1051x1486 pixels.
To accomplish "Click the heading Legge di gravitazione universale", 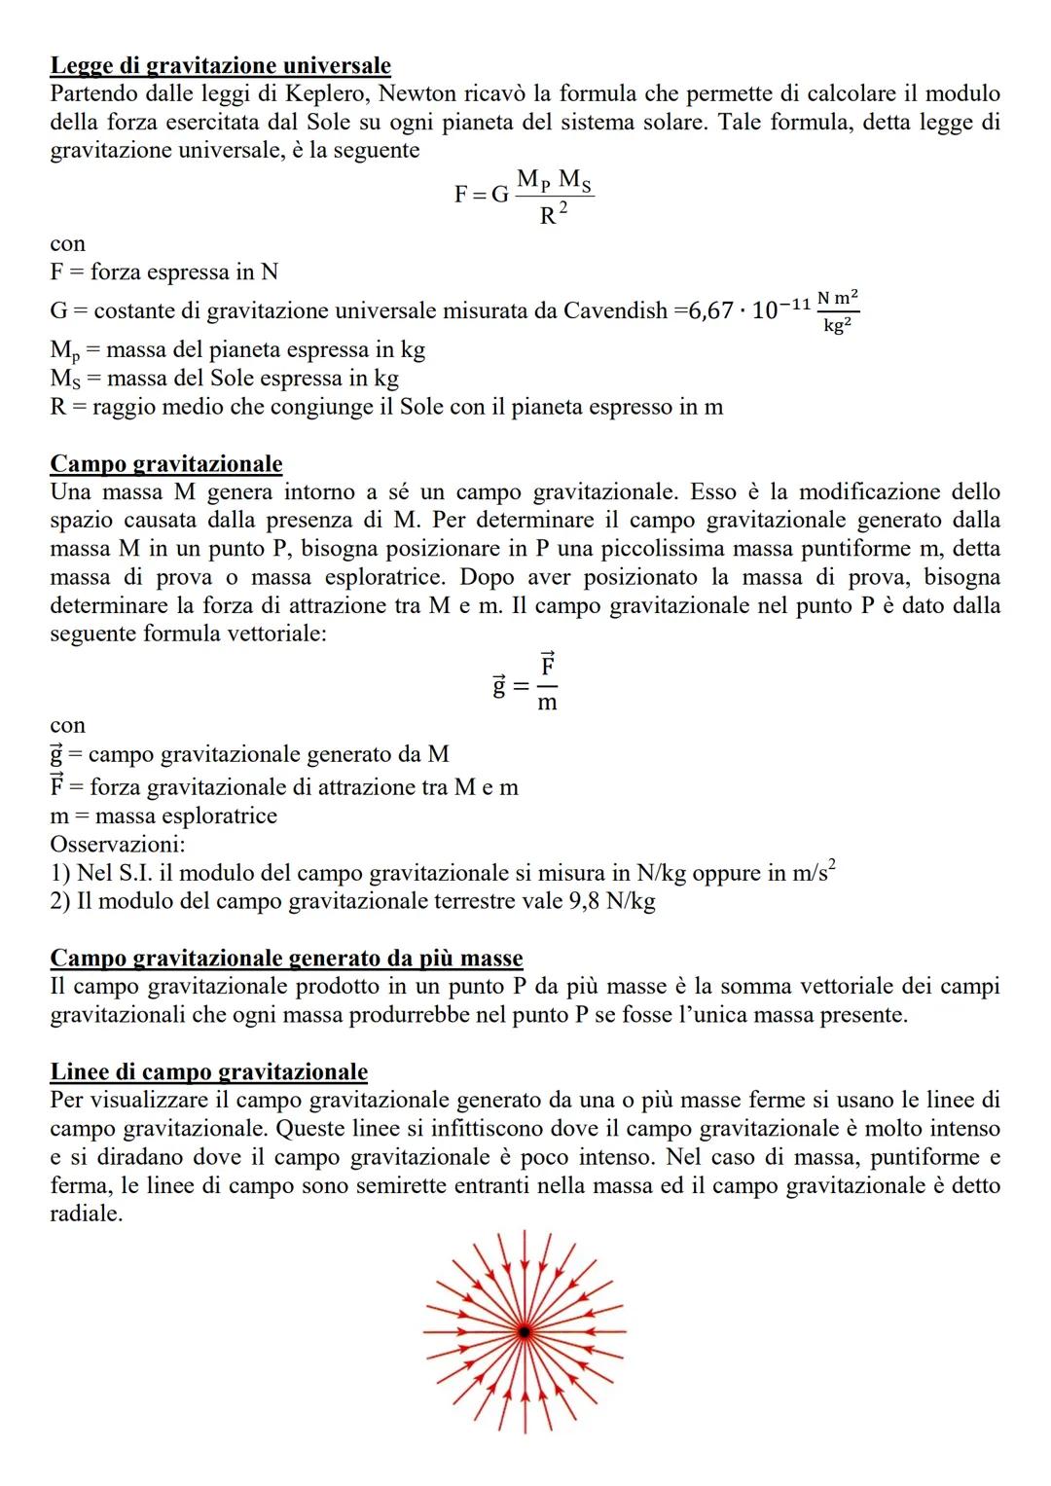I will tap(220, 66).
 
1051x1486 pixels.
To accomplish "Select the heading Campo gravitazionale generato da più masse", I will tap(286, 959).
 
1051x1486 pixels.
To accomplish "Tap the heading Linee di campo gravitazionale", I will tap(208, 1072).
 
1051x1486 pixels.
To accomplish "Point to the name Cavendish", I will tap(616, 311).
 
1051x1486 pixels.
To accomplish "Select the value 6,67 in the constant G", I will tap(712, 311).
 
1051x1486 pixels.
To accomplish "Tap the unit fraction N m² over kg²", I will tap(838, 311).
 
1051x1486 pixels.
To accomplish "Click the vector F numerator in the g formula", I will tap(548, 668).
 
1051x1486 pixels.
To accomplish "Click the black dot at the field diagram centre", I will tap(525, 1330).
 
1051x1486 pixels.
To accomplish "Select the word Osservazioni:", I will tap(118, 845).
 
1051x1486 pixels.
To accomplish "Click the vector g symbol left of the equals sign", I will tap(498, 687).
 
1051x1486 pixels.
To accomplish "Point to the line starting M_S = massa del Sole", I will tap(224, 379).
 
